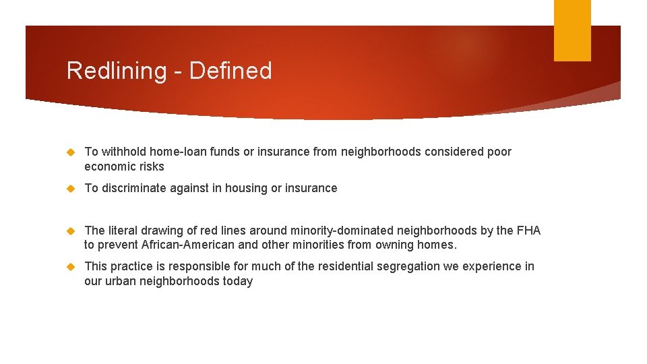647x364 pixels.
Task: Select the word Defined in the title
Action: point(230,71)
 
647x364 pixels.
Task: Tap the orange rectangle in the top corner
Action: point(572,30)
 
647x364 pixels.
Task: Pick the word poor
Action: point(499,152)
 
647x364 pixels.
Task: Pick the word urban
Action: point(121,281)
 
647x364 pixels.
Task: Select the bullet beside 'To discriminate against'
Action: point(71,189)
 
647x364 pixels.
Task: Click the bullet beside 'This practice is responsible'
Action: point(71,267)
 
